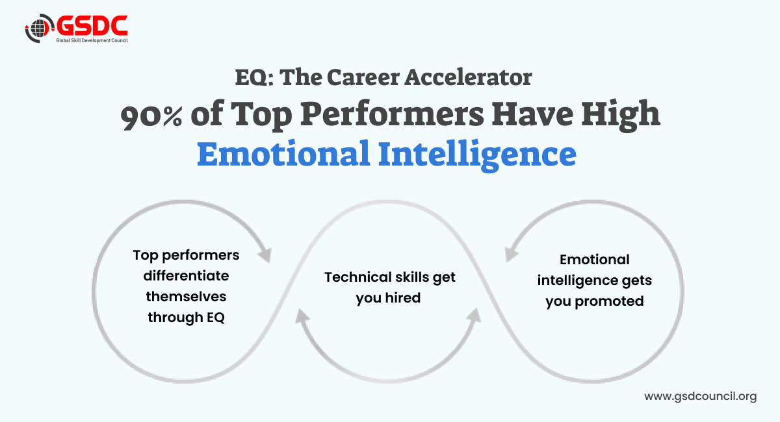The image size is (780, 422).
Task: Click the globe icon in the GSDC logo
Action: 38,28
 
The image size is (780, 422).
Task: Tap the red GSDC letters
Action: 92,25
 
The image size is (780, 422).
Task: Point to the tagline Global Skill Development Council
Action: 92,40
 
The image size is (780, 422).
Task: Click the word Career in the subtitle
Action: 363,77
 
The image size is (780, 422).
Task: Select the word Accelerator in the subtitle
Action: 468,77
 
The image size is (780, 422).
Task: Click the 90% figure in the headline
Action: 151,117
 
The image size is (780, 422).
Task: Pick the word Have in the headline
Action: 532,114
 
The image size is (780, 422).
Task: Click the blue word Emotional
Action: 283,153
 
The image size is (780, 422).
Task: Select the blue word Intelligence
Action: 477,155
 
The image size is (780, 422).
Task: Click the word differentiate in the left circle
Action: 186,276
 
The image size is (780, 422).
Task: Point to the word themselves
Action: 186,297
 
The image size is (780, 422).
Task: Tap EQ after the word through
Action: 216,317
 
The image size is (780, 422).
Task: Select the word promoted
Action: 609,302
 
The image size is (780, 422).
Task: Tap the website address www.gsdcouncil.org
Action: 700,397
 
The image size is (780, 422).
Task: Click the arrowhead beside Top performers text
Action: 265,255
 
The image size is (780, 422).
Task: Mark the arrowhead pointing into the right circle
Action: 510,254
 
